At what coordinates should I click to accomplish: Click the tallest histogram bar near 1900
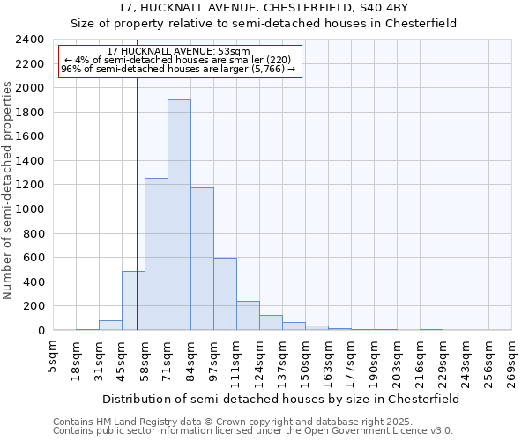[179, 215]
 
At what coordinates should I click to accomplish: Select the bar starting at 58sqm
[156, 254]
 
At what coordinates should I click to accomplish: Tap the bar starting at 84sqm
[202, 259]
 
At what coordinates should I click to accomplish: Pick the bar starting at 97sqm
[225, 294]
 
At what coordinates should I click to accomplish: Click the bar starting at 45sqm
[133, 301]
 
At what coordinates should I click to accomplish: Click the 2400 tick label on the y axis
[29, 40]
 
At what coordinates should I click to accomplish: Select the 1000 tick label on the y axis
[29, 209]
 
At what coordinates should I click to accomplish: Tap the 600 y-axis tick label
[33, 258]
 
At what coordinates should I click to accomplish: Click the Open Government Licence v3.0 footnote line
[253, 430]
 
